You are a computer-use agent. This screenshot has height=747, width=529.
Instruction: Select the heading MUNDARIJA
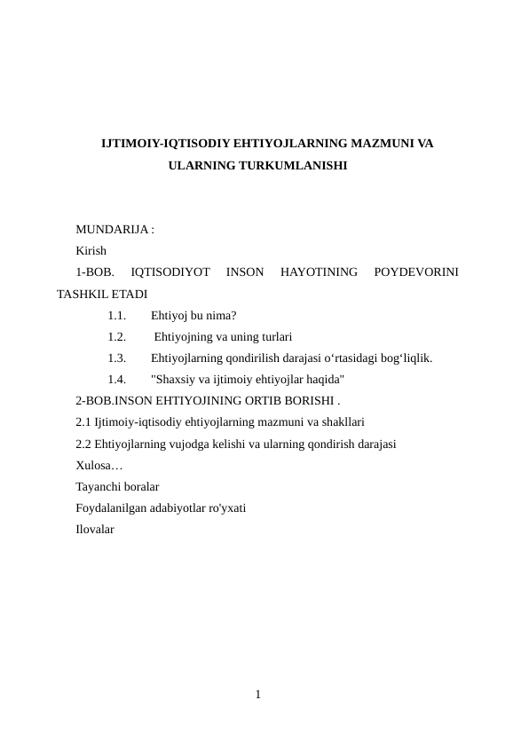coord(114,229)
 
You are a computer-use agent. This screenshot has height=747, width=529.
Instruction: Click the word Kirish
coord(91,251)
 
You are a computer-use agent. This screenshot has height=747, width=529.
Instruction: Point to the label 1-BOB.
coord(93,272)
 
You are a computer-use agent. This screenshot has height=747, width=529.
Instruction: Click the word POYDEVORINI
coord(416,272)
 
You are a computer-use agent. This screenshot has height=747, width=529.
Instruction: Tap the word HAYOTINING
coord(319,272)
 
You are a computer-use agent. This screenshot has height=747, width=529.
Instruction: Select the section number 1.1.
coord(115,315)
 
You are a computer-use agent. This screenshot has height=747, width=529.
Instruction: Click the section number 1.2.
coord(115,336)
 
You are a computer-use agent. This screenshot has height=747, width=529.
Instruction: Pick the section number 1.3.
coord(115,358)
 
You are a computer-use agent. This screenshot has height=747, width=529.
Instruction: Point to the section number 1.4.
coord(115,380)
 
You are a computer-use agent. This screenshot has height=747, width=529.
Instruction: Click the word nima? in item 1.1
coord(219,315)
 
